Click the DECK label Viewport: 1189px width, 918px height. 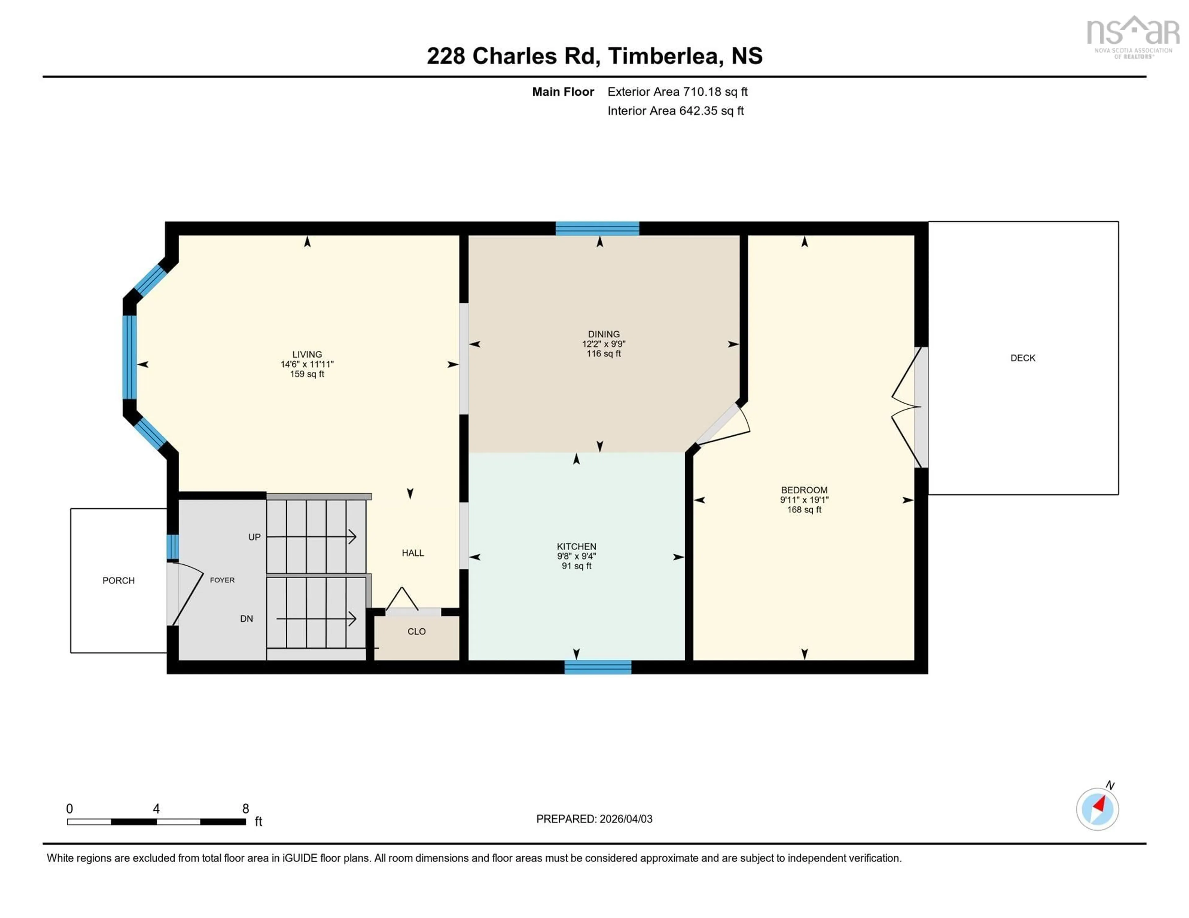1022,358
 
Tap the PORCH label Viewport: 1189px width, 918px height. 118,581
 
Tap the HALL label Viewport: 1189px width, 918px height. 413,553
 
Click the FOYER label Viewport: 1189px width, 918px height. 222,580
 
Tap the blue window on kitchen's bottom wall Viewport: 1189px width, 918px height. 598,667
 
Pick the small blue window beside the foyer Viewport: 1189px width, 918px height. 172,547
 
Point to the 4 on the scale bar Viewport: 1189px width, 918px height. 156,808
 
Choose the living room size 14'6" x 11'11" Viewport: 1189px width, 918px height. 307,364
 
